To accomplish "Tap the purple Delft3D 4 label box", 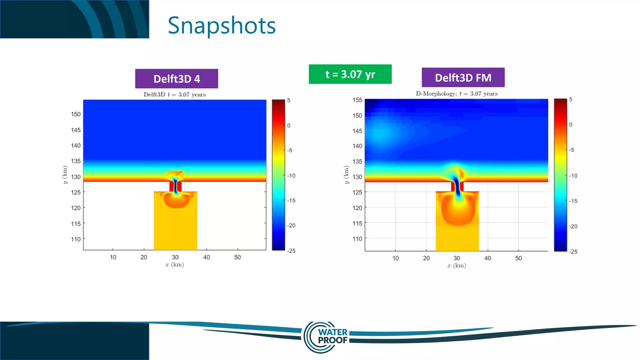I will click(177, 79).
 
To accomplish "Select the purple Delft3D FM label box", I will click(463, 77).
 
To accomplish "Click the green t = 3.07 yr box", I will click(350, 74).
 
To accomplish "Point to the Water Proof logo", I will click(326, 337).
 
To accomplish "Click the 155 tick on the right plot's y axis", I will click(357, 100).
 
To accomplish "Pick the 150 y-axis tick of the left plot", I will click(76, 114).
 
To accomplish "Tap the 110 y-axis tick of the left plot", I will click(76, 239).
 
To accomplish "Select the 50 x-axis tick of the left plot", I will click(237, 257).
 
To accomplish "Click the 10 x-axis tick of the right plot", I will click(396, 258).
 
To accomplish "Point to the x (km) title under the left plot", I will click(175, 265).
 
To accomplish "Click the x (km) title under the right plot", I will click(457, 266).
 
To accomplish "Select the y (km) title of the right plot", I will click(346, 175).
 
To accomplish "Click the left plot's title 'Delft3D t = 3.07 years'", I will click(175, 95).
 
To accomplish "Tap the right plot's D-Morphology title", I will click(457, 94).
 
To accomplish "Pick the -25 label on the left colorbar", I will click(291, 251).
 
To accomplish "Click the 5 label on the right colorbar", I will click(571, 99).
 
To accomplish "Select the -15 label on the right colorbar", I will click(573, 201).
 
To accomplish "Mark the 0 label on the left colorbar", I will click(289, 126).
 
